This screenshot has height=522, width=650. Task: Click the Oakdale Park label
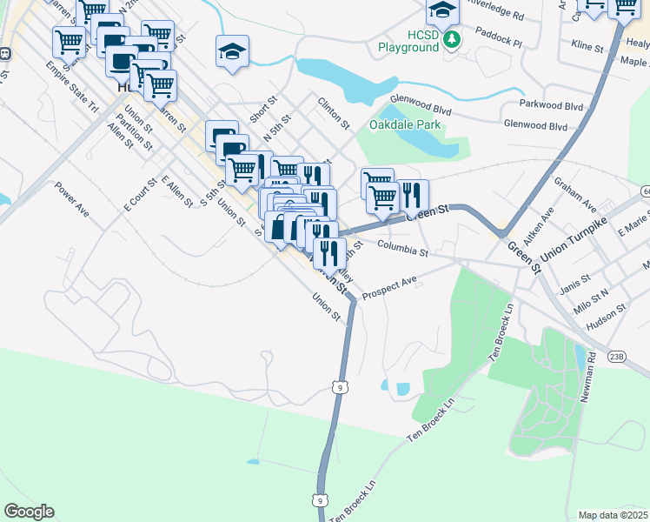406,125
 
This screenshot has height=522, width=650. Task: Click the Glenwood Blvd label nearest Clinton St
421,100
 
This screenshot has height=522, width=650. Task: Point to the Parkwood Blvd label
550,104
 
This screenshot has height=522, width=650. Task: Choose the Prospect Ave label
390,286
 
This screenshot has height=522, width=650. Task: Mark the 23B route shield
616,356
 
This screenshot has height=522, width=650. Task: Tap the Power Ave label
72,199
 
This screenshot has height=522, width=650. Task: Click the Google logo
29,512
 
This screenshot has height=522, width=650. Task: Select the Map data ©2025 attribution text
613,515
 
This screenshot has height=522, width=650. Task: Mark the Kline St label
587,43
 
